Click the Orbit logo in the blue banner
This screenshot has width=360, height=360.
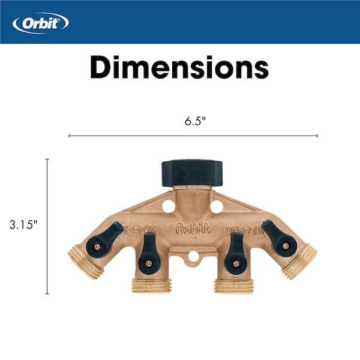tap(41, 23)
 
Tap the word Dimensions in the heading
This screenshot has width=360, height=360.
tap(179, 67)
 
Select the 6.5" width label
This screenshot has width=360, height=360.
tap(195, 121)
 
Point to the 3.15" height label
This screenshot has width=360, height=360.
tap(23, 224)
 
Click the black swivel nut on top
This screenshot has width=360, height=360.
tap(192, 173)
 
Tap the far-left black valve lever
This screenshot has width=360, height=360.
tap(104, 240)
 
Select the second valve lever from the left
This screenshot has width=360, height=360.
tap(149, 253)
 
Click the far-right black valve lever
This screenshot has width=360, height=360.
tap(279, 239)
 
